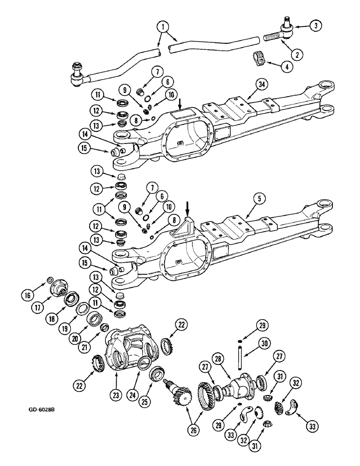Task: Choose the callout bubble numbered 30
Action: coord(264,345)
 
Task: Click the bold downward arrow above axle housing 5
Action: coord(187,206)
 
